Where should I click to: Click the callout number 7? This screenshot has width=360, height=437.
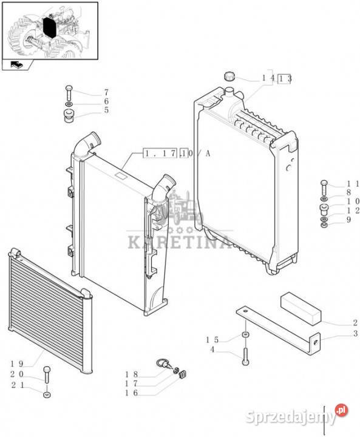click(x=106, y=92)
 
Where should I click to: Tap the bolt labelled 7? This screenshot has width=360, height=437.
click(x=69, y=93)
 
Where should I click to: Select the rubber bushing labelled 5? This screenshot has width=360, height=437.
click(x=69, y=116)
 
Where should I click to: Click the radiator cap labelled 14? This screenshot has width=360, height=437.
click(x=229, y=76)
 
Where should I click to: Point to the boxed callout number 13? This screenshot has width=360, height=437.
click(x=285, y=79)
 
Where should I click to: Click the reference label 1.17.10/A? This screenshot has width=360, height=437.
click(x=177, y=154)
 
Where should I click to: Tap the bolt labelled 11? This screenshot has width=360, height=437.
click(x=324, y=188)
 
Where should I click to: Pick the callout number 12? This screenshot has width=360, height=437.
click(x=353, y=211)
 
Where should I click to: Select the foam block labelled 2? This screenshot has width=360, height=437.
click(x=301, y=308)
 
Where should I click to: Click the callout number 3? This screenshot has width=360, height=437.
click(x=355, y=333)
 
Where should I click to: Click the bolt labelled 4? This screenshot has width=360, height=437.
click(x=245, y=356)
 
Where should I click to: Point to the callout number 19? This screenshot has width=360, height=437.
click(x=17, y=364)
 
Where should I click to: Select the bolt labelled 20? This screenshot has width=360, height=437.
click(x=47, y=373)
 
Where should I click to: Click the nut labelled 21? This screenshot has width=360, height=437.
click(x=47, y=395)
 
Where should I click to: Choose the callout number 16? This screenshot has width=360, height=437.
click(x=131, y=393)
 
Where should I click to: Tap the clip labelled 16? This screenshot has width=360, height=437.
click(x=182, y=374)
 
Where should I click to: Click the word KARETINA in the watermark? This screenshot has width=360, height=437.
click(x=179, y=242)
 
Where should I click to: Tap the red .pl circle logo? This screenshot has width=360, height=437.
click(x=342, y=410)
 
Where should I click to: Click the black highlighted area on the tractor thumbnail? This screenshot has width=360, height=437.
click(x=50, y=27)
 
